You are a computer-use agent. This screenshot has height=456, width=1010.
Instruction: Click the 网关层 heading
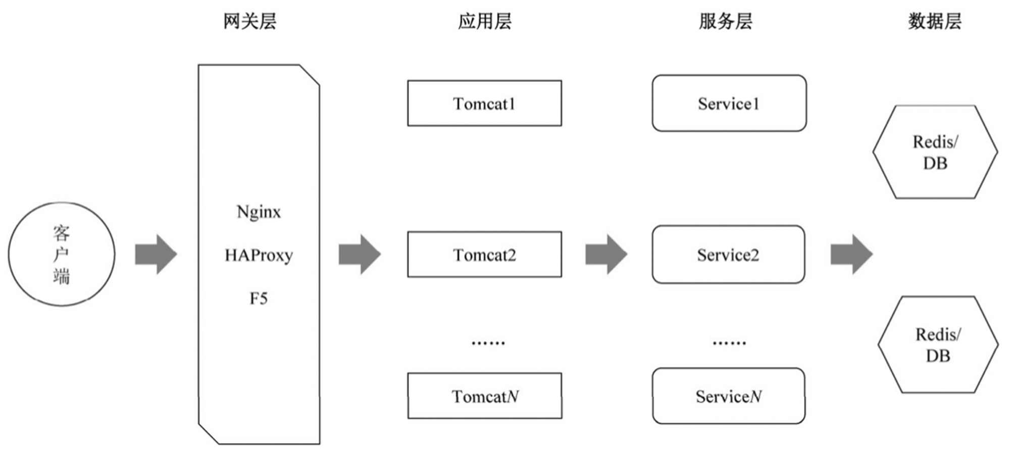pos(250,21)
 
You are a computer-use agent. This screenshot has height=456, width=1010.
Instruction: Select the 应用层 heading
pos(485,21)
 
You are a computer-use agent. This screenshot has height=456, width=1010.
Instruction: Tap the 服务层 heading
pos(726,21)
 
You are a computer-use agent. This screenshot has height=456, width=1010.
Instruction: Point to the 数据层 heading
pos(935,21)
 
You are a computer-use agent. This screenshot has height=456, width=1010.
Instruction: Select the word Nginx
pos(259,212)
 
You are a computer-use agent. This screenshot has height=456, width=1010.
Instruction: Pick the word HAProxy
pos(259,255)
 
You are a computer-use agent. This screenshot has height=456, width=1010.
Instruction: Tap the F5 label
pos(259,298)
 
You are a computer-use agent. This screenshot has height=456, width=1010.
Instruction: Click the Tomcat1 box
pos(484,103)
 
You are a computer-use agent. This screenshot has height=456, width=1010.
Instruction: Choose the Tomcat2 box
pos(484,255)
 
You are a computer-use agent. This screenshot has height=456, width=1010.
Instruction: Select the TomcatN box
pos(485,396)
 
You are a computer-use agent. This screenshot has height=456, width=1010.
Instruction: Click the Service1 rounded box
pos(729,103)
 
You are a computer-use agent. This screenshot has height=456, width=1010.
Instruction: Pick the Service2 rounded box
pos(728,255)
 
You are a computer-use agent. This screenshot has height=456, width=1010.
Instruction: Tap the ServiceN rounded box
pos(729,396)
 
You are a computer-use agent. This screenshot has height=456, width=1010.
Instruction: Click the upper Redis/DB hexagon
pos(935,151)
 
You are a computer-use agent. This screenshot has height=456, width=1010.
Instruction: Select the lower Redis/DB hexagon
pos(938,344)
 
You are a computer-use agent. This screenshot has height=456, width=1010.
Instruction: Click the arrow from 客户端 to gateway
pos(156,254)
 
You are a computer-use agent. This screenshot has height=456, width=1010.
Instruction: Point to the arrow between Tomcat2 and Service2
pos(607,254)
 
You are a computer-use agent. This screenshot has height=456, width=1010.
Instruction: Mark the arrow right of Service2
pos(852,254)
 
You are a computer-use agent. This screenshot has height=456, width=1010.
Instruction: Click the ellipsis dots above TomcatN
pos(488,343)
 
